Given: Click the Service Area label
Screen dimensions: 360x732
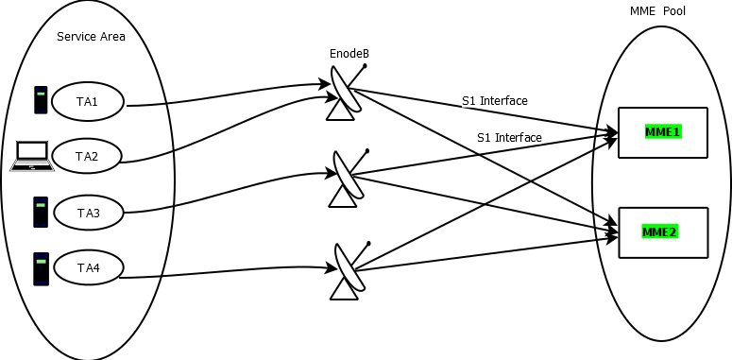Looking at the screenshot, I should (91, 37).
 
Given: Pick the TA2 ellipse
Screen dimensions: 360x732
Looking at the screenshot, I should (88, 157).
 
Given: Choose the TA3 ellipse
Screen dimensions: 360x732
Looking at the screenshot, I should (88, 214).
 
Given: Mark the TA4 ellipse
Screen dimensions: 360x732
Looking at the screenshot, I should (88, 269).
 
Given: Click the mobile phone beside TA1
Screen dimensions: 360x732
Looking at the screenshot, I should (41, 100).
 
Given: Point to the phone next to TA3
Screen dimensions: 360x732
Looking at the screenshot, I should (41, 212).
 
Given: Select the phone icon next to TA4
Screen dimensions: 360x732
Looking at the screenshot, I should (41, 268).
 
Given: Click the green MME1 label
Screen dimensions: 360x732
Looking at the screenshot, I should (662, 131).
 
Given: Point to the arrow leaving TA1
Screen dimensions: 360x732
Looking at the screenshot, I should (227, 96).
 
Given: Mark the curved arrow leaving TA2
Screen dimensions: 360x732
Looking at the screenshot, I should (227, 132).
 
